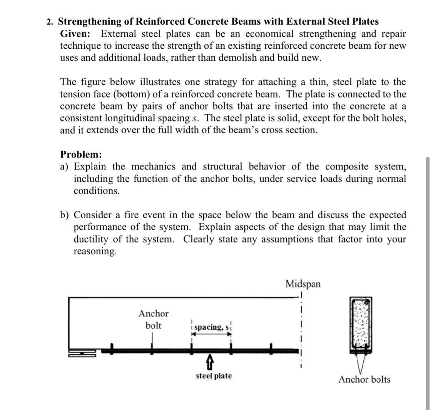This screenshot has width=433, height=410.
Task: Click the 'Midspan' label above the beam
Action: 303,284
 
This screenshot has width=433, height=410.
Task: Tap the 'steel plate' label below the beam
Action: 214,376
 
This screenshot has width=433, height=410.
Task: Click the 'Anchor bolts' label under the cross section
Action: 364,380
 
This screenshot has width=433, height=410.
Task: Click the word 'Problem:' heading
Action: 81,154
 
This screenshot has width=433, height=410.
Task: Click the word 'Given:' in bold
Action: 75,33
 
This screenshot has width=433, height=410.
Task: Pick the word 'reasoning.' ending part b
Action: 94,251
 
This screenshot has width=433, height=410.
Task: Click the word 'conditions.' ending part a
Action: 96,191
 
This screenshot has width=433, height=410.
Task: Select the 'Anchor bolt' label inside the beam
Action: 153,319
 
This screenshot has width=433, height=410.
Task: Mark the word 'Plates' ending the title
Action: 363,22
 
